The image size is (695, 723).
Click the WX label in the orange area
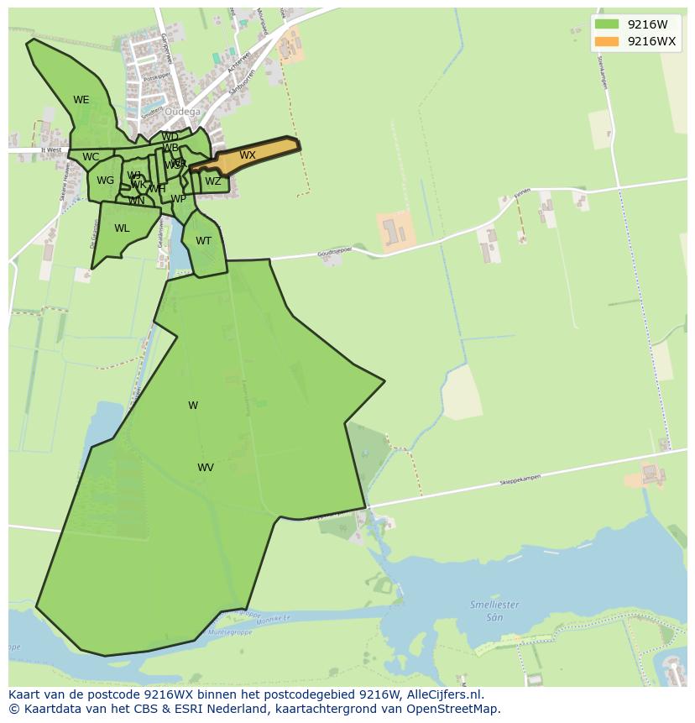tap(247, 155)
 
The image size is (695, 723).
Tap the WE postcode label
tap(81, 100)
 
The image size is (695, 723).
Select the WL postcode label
tap(122, 228)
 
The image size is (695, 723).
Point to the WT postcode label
tap(203, 241)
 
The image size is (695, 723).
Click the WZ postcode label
tap(213, 181)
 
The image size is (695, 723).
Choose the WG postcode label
tap(105, 181)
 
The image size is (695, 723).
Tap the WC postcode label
tap(91, 157)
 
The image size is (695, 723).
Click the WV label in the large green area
tap(206, 468)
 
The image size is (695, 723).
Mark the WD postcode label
tap(170, 137)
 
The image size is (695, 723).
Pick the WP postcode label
tap(178, 199)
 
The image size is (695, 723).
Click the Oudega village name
tap(182, 112)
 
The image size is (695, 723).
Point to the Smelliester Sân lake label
tap(494, 610)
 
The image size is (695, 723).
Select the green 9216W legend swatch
tap(606, 24)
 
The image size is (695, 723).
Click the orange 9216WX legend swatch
tap(606, 42)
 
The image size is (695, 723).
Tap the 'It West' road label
tap(51, 150)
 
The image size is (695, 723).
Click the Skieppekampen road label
tap(520, 479)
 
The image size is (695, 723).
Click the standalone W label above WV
tap(193, 406)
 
